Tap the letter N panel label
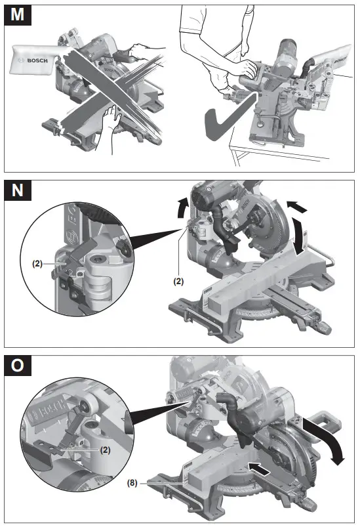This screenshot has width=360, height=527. (x=18, y=190)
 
